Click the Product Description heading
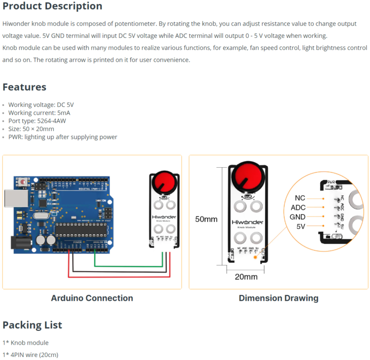[x=52, y=6]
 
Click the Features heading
[x=24, y=87]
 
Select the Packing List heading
[x=32, y=325]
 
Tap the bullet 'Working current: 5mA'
[x=39, y=113]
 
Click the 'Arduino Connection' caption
[x=92, y=298]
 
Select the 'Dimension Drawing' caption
[x=278, y=298]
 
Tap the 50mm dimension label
[x=206, y=219]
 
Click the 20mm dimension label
[x=246, y=277]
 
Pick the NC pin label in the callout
[x=299, y=198]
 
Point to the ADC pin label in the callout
[x=298, y=208]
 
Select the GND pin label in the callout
[x=297, y=217]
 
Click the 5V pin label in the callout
[x=300, y=226]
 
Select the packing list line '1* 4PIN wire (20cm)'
[x=30, y=355]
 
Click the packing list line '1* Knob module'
[x=25, y=343]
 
